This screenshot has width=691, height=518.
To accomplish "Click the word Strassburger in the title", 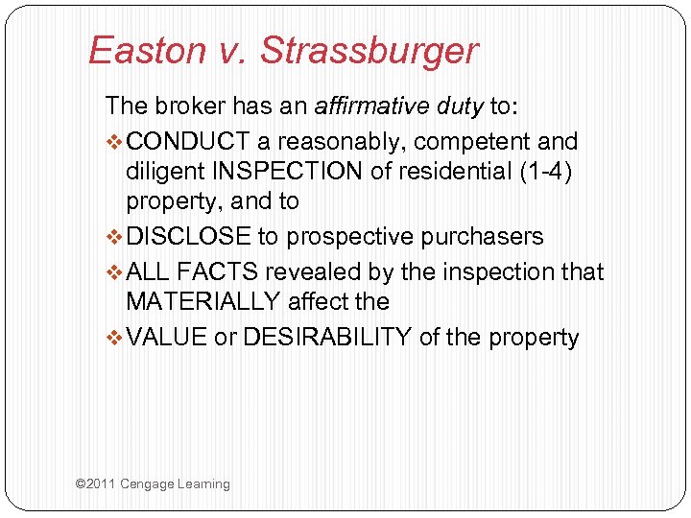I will coord(369,50).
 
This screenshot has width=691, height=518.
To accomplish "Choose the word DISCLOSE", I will coord(189,237).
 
